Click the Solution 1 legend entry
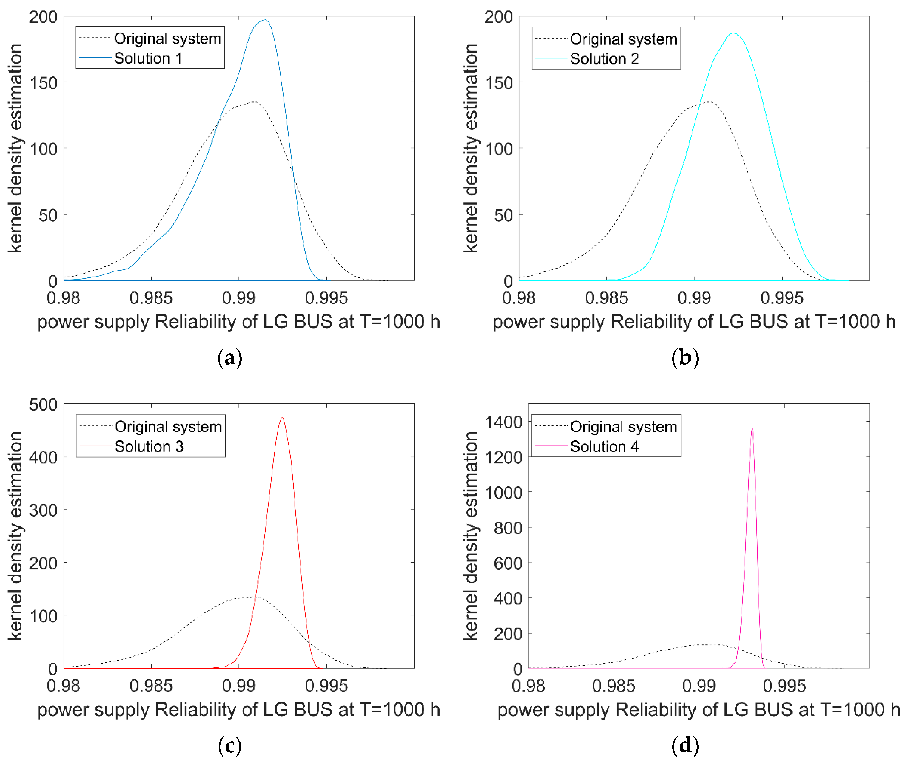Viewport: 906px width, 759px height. [148, 58]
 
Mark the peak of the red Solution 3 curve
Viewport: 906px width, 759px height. [282, 418]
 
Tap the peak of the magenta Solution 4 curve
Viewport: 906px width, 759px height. [752, 429]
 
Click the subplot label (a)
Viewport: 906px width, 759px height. [229, 358]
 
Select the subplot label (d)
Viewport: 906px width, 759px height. [685, 746]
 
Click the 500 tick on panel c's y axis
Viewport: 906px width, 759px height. [43, 405]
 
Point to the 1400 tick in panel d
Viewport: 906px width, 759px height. [503, 422]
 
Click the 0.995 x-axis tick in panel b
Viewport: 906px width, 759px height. [782, 298]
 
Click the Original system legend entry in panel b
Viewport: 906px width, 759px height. [623, 39]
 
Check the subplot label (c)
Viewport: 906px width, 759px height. [229, 746]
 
